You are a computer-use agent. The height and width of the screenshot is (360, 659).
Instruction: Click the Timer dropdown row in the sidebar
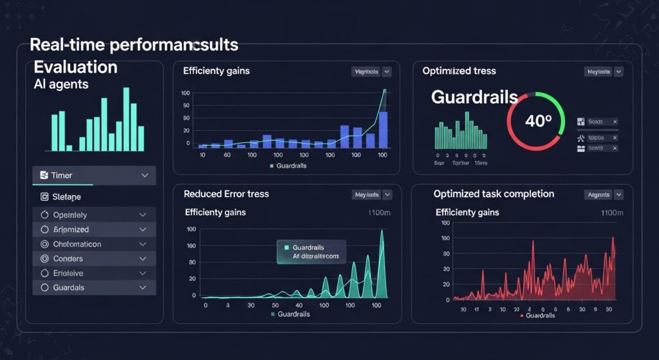point(94,175)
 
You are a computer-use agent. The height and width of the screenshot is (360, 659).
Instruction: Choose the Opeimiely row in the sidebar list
point(94,214)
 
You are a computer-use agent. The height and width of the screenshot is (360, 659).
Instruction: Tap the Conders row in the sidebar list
point(94,258)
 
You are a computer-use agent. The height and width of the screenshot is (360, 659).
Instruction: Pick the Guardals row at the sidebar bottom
point(94,287)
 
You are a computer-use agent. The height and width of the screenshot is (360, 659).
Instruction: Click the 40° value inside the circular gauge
point(539,120)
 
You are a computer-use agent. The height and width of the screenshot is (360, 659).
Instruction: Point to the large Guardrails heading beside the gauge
point(474,97)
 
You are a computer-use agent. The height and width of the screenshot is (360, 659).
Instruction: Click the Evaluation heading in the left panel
point(75,67)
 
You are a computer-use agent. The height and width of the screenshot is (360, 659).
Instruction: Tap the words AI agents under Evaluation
point(61,84)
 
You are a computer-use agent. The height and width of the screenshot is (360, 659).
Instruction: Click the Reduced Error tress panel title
point(226,194)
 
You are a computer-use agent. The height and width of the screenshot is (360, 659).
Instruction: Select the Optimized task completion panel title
point(494,194)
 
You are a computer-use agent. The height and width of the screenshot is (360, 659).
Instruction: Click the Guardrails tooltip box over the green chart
point(311,251)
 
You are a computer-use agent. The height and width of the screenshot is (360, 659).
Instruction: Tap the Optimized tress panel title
point(459,71)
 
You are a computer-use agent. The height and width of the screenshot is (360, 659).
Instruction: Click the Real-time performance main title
point(134,45)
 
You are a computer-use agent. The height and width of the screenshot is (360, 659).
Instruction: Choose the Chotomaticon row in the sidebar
point(94,244)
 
